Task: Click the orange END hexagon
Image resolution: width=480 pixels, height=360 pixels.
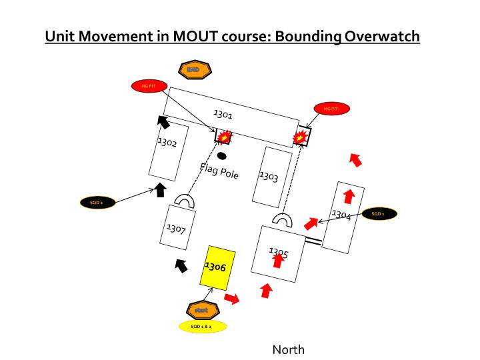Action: [195, 69]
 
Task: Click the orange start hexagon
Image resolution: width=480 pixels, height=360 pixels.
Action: [202, 310]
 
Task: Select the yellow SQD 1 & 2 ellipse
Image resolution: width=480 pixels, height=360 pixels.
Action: [203, 327]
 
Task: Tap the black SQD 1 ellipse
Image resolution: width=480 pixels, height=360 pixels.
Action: [379, 214]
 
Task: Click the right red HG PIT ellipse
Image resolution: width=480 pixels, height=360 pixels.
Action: [331, 108]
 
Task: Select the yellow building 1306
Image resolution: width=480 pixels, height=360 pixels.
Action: [219, 268]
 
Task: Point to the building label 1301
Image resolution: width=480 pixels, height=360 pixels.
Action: [223, 115]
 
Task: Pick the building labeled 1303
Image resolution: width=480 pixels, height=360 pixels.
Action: [272, 177]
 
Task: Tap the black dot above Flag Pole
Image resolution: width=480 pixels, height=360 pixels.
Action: [221, 156]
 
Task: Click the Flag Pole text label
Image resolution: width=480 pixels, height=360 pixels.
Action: [219, 170]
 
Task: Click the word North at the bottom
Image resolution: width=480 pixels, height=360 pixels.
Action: [288, 349]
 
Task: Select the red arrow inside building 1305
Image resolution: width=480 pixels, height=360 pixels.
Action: [278, 260]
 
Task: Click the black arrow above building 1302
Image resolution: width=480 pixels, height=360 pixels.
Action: [163, 121]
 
